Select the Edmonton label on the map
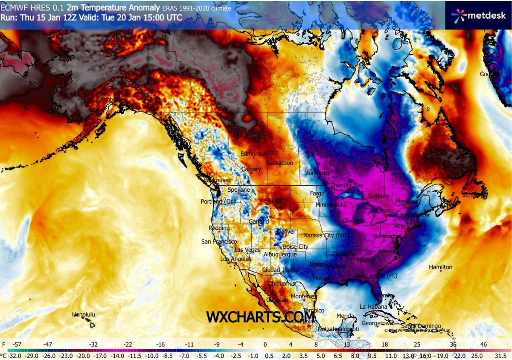253,154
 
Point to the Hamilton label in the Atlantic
440,267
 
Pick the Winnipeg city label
317,173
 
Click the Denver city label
286,231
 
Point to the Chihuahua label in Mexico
282,284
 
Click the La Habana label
373,307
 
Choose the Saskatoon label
279,163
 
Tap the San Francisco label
216,242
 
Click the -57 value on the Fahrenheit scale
18,344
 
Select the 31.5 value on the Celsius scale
500,355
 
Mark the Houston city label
323,278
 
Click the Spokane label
239,190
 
